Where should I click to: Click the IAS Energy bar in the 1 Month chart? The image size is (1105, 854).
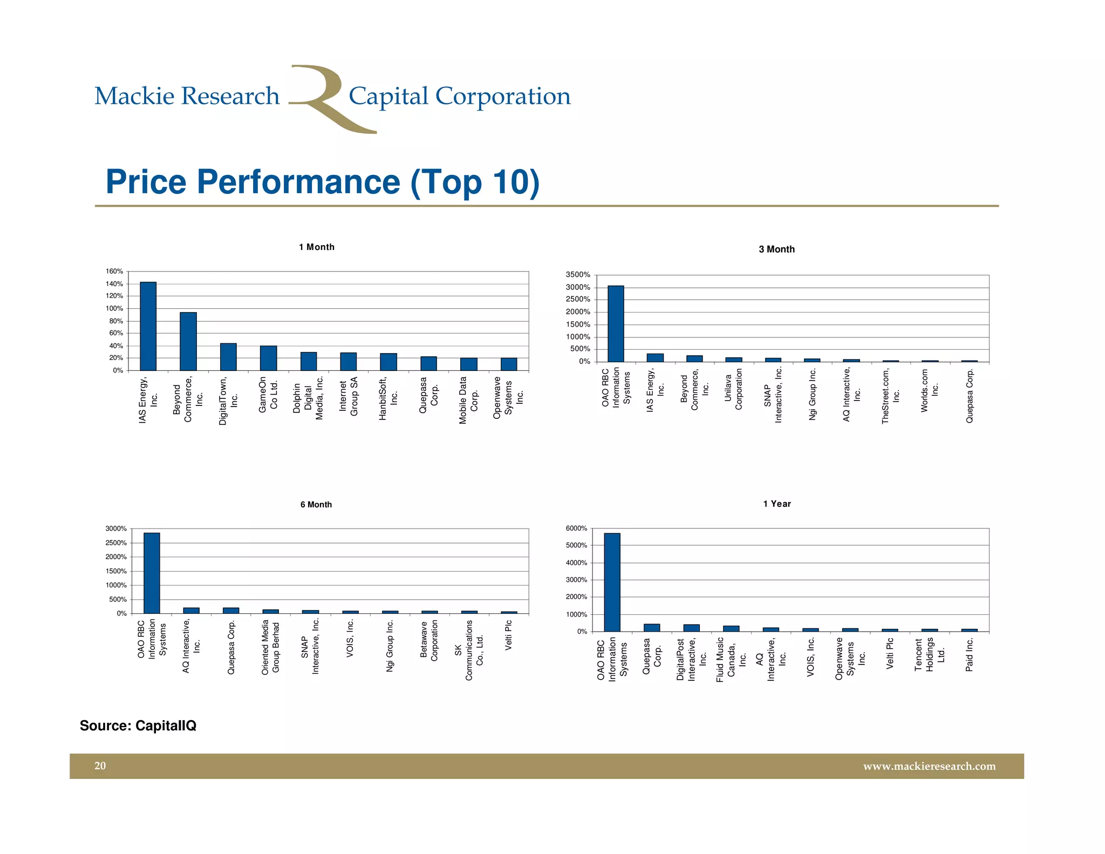pos(148,326)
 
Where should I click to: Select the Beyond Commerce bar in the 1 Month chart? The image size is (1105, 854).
pos(188,341)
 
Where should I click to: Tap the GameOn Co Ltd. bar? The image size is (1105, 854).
pos(268,358)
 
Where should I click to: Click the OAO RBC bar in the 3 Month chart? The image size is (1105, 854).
pos(616,324)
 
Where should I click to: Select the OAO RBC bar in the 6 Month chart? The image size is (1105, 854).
pos(152,573)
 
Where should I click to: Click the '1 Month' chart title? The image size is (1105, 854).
pos(317,247)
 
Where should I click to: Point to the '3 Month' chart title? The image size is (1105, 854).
pos(776,249)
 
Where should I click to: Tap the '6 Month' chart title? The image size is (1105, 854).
pos(316,505)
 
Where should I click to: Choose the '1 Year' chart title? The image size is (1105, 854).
pos(777,504)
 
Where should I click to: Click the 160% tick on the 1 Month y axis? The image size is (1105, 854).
pos(114,272)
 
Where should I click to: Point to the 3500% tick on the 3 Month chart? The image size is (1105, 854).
pos(577,275)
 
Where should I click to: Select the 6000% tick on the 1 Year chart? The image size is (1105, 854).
pos(576,528)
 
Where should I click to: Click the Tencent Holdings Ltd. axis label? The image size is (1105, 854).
pos(930,655)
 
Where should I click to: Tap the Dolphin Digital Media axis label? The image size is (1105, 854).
pos(308,398)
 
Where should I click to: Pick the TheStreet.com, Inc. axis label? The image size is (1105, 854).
pos(890,396)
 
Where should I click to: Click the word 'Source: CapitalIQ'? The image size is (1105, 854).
pos(138,726)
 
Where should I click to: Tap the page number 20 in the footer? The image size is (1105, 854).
pos(100,766)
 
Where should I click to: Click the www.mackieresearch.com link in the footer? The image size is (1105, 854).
pos(929,767)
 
